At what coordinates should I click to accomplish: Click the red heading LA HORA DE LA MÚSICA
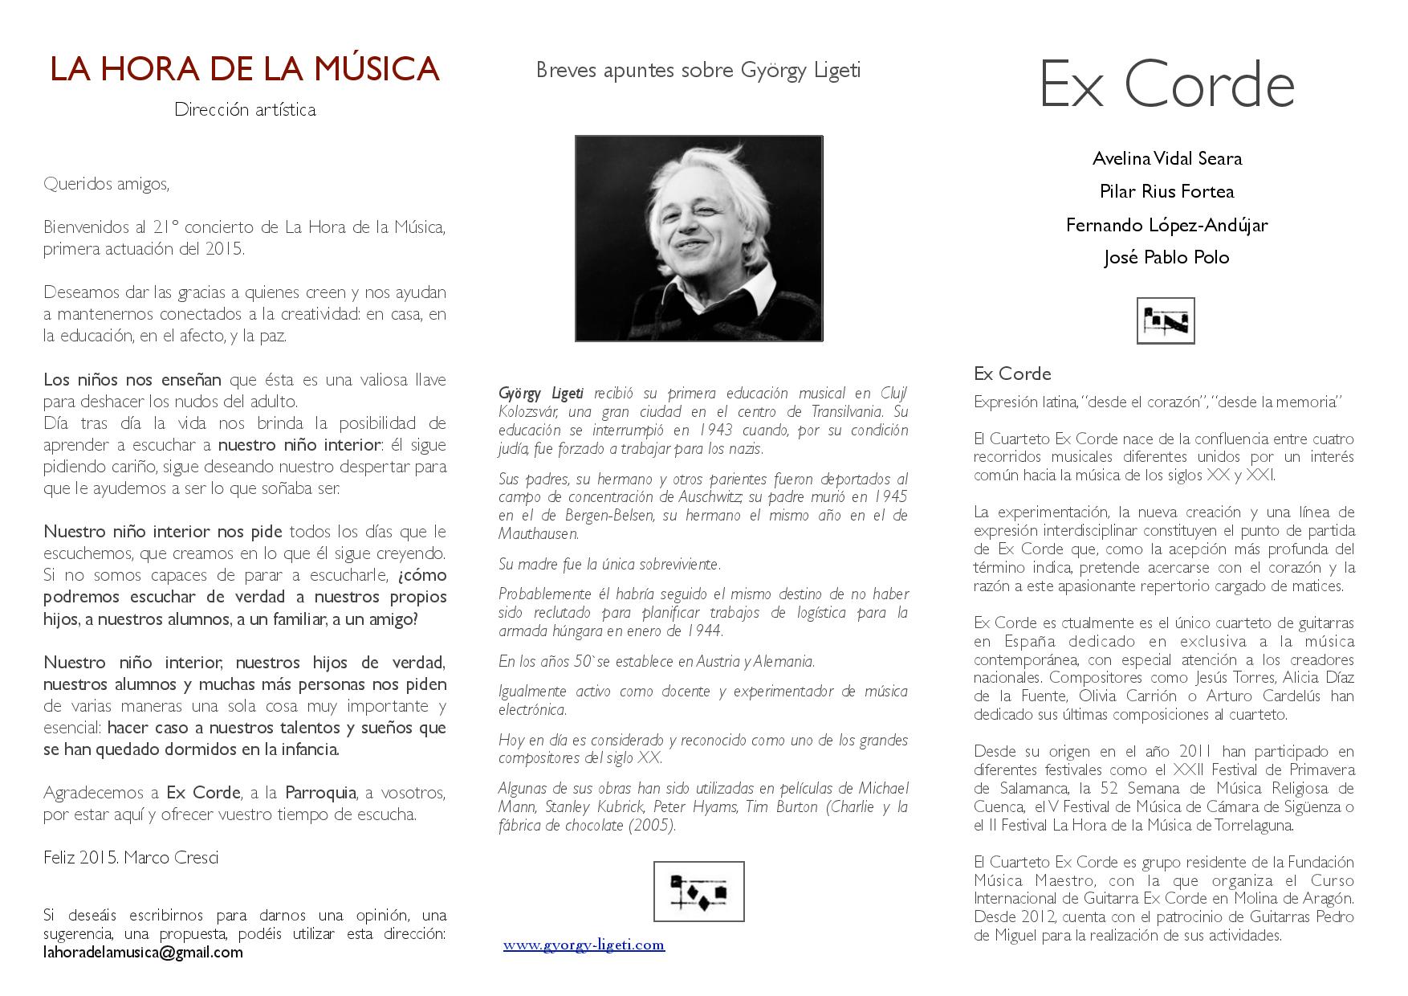point(245,69)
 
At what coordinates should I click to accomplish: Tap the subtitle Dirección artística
point(245,110)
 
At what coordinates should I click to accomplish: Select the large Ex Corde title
point(1166,85)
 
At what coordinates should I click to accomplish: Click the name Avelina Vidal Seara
point(1166,158)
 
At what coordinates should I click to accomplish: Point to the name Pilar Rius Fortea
point(1166,191)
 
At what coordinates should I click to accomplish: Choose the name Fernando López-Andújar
point(1166,225)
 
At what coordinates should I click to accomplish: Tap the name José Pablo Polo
point(1166,258)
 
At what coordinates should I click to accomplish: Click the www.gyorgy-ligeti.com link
point(584,945)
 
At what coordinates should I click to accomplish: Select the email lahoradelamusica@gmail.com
point(143,953)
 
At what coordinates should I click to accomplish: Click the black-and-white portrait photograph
point(698,239)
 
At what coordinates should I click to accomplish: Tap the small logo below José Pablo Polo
point(1166,320)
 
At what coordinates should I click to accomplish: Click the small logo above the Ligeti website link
point(698,891)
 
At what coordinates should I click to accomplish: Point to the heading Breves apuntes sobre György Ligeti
point(698,71)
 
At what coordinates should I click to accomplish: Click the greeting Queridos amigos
point(107,184)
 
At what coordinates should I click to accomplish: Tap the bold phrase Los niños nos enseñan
point(132,380)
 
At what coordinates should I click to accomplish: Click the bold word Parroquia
point(320,793)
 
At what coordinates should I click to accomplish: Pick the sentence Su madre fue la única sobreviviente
point(609,565)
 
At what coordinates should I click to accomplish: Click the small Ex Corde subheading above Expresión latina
point(1012,373)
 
